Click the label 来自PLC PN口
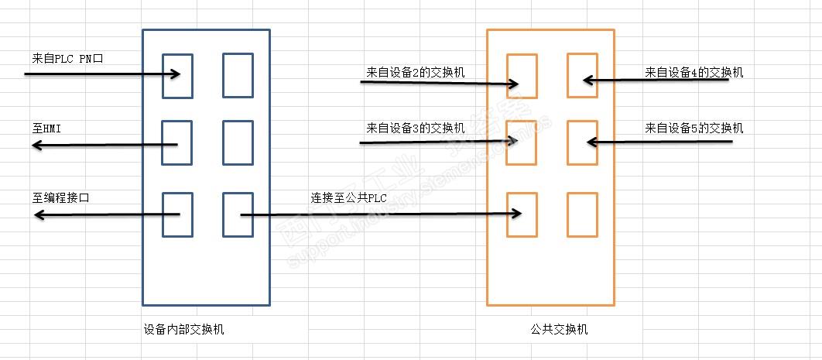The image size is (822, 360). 67,59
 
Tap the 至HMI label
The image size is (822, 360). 46,129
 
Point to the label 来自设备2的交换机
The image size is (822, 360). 415,72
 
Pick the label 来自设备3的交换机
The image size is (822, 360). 415,128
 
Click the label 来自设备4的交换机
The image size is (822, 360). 694,72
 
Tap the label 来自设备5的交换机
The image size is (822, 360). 694,128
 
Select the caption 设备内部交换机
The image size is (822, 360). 183,330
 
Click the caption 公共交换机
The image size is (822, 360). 559,330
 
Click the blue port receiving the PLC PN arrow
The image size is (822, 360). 177,76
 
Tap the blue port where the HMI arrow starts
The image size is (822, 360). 177,143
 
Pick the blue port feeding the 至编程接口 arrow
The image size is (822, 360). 177,215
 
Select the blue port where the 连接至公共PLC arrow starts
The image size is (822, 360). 238,215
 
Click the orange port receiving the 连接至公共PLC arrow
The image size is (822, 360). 522,215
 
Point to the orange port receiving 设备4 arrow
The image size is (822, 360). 582,75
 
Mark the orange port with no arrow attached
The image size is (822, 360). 582,215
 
